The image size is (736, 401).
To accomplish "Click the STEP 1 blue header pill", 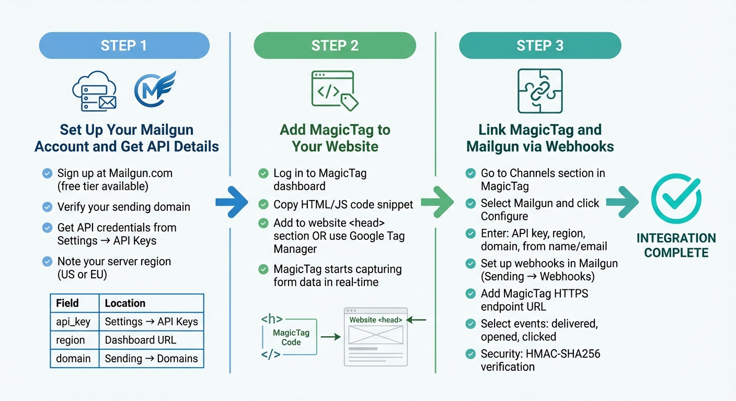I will [x=124, y=45].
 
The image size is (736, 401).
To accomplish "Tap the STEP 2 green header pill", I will [x=335, y=45].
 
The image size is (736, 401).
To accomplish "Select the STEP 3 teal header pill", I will [x=539, y=45].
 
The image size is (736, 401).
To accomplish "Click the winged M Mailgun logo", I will [x=155, y=90].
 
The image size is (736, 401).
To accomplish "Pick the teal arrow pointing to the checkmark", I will [x=622, y=202].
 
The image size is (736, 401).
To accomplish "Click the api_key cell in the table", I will [x=74, y=322].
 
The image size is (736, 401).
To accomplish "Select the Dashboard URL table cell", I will [x=140, y=340].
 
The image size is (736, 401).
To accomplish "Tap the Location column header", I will [x=125, y=303].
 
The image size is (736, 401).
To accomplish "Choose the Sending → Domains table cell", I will [x=151, y=358].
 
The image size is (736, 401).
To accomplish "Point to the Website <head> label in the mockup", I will [x=375, y=320].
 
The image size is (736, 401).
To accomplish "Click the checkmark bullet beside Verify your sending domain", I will [x=47, y=207].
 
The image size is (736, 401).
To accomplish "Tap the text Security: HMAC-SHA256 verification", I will [x=540, y=360].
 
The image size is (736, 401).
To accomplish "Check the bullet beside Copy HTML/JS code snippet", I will [x=263, y=204].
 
